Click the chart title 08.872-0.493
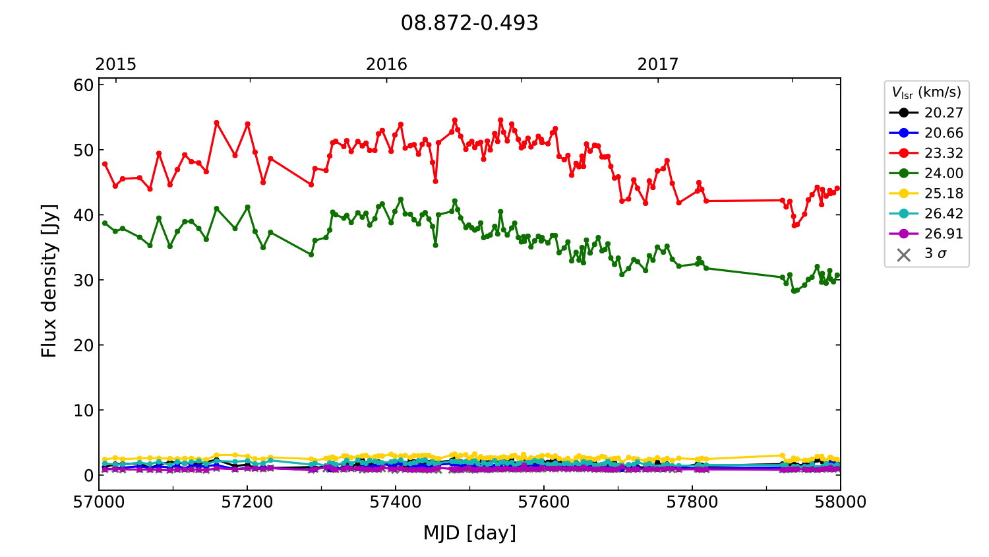click(469, 23)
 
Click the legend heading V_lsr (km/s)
click(926, 92)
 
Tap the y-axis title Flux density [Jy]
click(49, 280)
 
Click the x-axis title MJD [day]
click(469, 533)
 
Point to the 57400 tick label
click(396, 502)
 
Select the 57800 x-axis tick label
click(692, 502)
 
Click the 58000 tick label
click(840, 502)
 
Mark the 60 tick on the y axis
click(84, 85)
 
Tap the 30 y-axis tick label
click(84, 280)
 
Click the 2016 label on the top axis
click(386, 64)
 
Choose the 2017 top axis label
click(657, 64)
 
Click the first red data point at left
click(105, 164)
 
